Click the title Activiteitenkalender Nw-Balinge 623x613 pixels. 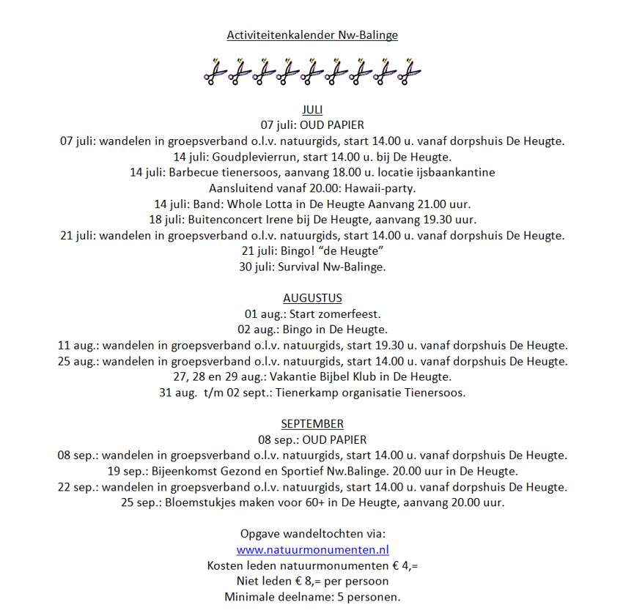[x=312, y=34]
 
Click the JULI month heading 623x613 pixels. [x=312, y=110]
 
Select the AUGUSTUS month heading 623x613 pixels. [x=312, y=298]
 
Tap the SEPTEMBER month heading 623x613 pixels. [x=312, y=423]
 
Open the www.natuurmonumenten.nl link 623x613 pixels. [x=312, y=549]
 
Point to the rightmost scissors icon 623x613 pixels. [x=410, y=72]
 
